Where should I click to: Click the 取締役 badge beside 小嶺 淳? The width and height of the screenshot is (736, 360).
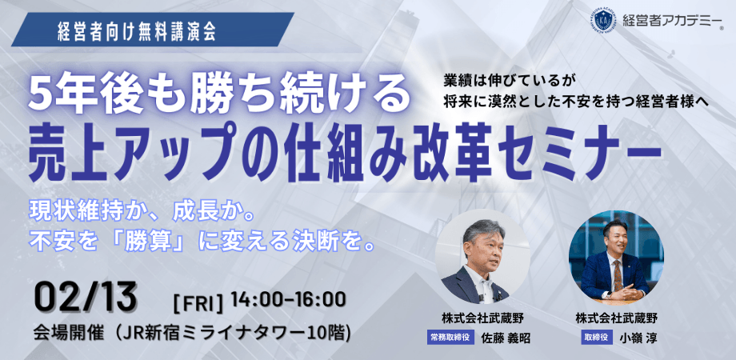596,338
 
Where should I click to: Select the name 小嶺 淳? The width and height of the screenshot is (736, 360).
637,338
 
